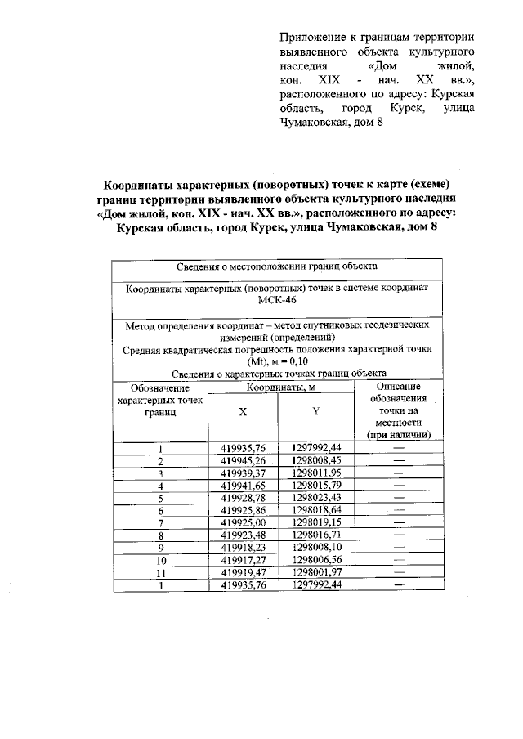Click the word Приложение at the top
(309, 38)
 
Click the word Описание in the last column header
(399, 386)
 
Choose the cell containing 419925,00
(244, 522)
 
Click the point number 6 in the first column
(161, 509)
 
